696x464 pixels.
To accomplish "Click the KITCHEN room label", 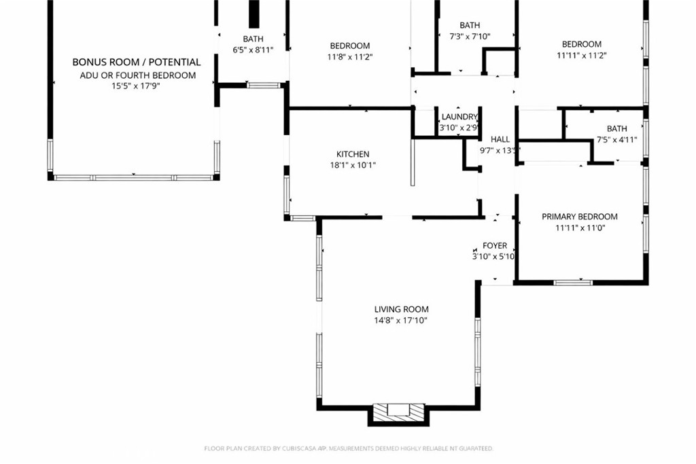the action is tap(353, 154).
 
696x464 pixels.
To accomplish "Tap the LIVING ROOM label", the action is tap(401, 310).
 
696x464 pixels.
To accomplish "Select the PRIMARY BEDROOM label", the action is tap(580, 217).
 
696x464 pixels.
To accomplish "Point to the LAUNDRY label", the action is tap(459, 117).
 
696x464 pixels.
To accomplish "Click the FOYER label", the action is tap(495, 246).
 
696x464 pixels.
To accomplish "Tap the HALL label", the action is tap(500, 139).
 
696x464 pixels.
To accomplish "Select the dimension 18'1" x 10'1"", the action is tap(353, 166).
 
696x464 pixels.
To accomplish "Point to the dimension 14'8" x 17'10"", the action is tap(401, 321).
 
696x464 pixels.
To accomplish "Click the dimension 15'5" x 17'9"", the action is tap(135, 86).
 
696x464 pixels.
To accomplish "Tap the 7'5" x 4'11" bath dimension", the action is tap(616, 140).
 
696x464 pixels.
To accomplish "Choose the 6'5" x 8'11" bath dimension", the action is tap(253, 50).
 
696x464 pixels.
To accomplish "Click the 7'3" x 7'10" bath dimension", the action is tap(470, 37).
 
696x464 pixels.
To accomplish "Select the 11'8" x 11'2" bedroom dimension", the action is tap(350, 57).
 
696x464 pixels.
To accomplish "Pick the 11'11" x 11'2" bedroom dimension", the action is tap(582, 56).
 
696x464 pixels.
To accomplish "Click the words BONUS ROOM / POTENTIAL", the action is tap(137, 62).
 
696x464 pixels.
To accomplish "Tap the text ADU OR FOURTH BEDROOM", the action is tap(137, 75).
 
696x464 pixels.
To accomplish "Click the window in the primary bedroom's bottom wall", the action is tap(573, 282).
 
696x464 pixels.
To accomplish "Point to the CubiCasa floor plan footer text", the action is tap(349, 448).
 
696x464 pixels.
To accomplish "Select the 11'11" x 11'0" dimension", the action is tap(580, 228).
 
